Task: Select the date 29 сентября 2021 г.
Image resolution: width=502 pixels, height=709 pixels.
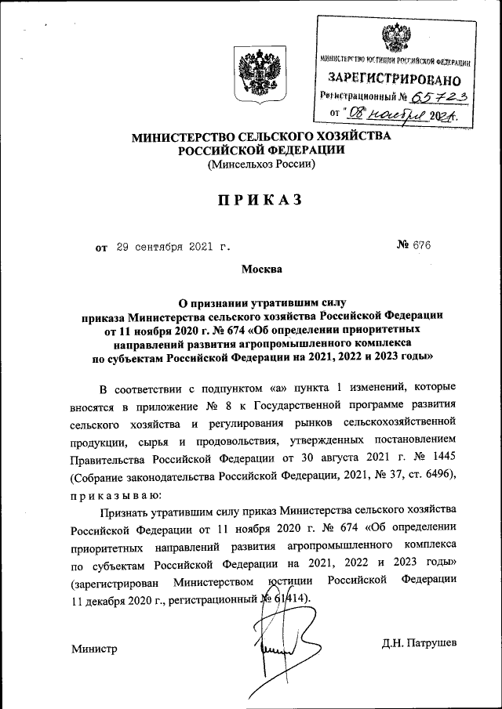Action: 173,248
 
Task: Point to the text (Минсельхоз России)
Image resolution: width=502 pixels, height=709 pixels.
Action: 260,165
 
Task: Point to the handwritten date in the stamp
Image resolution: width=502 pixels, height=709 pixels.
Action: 405,115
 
